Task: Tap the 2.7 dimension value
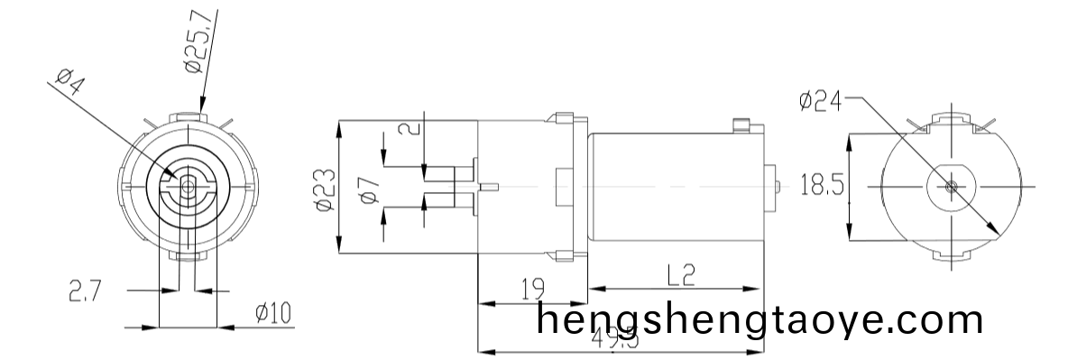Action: coord(84,291)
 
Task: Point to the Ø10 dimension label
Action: coord(272,313)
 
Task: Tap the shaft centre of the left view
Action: coord(188,185)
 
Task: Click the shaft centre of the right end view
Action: coord(953,186)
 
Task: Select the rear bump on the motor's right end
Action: coord(771,186)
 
